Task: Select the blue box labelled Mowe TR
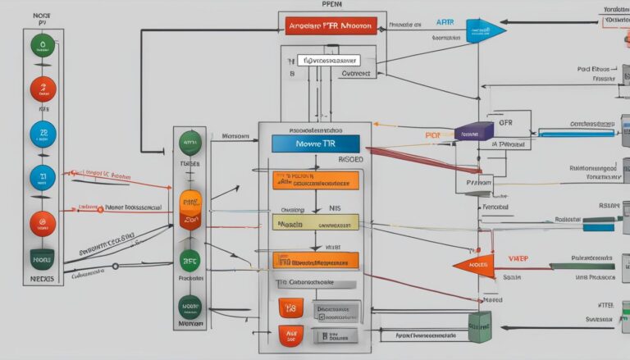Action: coord(315,144)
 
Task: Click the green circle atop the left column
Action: coord(43,46)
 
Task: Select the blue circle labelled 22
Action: coord(43,133)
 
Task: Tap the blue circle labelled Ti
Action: coord(43,176)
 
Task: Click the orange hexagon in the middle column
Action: coord(189,210)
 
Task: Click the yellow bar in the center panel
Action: coord(315,222)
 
